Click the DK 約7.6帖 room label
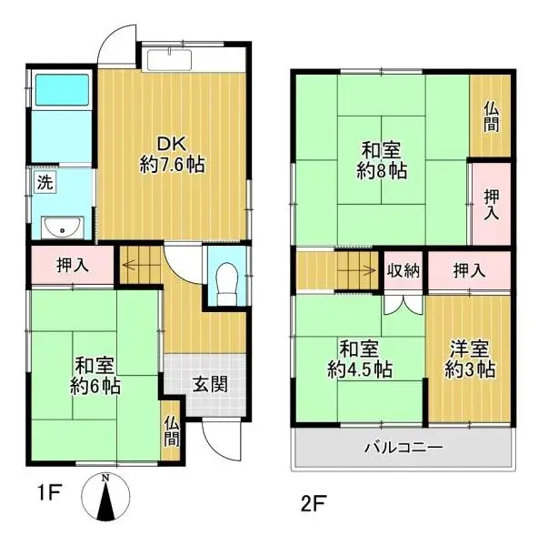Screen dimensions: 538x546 [172, 155]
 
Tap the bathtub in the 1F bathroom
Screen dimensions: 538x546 [62, 89]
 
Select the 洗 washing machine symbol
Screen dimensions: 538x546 [45, 183]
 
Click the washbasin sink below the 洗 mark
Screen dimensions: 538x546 [63, 227]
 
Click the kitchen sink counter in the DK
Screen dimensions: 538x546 [169, 59]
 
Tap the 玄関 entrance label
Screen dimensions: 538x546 [211, 384]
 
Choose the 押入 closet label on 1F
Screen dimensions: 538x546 [73, 266]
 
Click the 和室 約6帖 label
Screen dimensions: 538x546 [95, 375]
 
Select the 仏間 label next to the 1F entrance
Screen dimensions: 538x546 [172, 431]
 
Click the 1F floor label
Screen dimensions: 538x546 [49, 492]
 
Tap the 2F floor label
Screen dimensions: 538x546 [314, 503]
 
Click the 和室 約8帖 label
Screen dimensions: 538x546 [382, 160]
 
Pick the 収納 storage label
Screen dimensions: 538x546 [403, 270]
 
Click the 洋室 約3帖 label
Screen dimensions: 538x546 [470, 359]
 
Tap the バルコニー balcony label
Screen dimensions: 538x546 [403, 447]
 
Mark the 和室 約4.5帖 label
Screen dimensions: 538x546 [360, 359]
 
